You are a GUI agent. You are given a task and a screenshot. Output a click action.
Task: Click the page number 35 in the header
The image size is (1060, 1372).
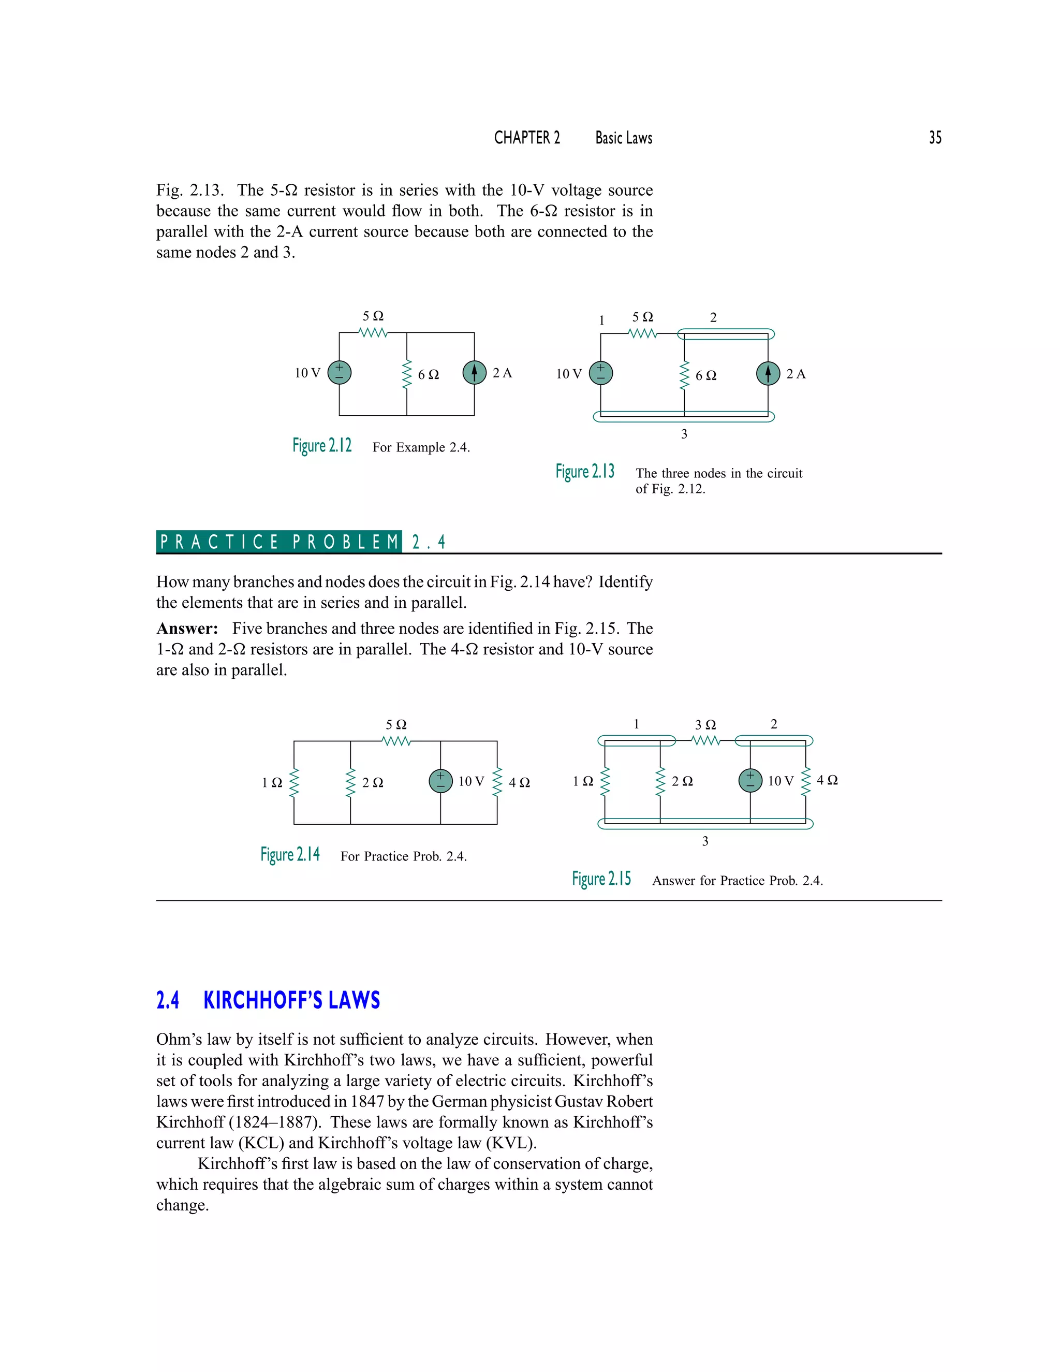[935, 138]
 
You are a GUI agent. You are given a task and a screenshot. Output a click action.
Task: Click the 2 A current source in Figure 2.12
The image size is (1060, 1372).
[474, 373]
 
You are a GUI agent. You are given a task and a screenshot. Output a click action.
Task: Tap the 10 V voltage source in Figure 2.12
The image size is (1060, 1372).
[339, 373]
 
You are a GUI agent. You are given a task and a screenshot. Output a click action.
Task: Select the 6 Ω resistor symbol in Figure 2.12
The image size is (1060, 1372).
[406, 374]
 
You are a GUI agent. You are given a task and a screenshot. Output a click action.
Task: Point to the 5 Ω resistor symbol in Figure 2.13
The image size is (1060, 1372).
[642, 333]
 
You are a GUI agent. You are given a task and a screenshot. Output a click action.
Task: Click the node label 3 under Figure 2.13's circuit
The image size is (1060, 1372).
[684, 434]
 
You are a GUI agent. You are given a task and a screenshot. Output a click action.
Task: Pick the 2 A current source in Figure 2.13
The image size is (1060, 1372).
[768, 373]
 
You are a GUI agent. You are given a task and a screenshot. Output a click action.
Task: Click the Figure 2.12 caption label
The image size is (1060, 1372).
[321, 445]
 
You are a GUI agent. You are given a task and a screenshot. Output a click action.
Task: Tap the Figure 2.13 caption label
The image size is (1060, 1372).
[585, 471]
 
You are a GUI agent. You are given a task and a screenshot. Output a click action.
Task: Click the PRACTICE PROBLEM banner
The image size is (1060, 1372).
[279, 542]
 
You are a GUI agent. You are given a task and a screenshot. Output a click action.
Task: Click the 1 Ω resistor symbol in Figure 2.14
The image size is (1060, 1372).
[294, 782]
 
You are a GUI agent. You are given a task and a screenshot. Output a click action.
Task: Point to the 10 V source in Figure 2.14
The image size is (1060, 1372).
[440, 781]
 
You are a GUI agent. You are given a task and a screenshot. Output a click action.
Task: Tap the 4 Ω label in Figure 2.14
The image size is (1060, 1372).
[519, 783]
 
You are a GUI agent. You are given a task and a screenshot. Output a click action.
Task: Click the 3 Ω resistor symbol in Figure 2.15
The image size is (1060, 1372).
[705, 741]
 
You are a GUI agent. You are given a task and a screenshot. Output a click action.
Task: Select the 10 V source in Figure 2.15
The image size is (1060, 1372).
[750, 780]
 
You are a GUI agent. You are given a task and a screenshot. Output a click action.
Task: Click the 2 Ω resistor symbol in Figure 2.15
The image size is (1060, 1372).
[660, 781]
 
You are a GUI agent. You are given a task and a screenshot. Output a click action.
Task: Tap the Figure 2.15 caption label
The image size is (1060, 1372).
[601, 879]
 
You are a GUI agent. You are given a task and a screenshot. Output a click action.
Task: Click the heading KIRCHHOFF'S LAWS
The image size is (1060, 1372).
[291, 1001]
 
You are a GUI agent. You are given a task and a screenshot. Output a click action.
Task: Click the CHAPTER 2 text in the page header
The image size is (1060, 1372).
[527, 138]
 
